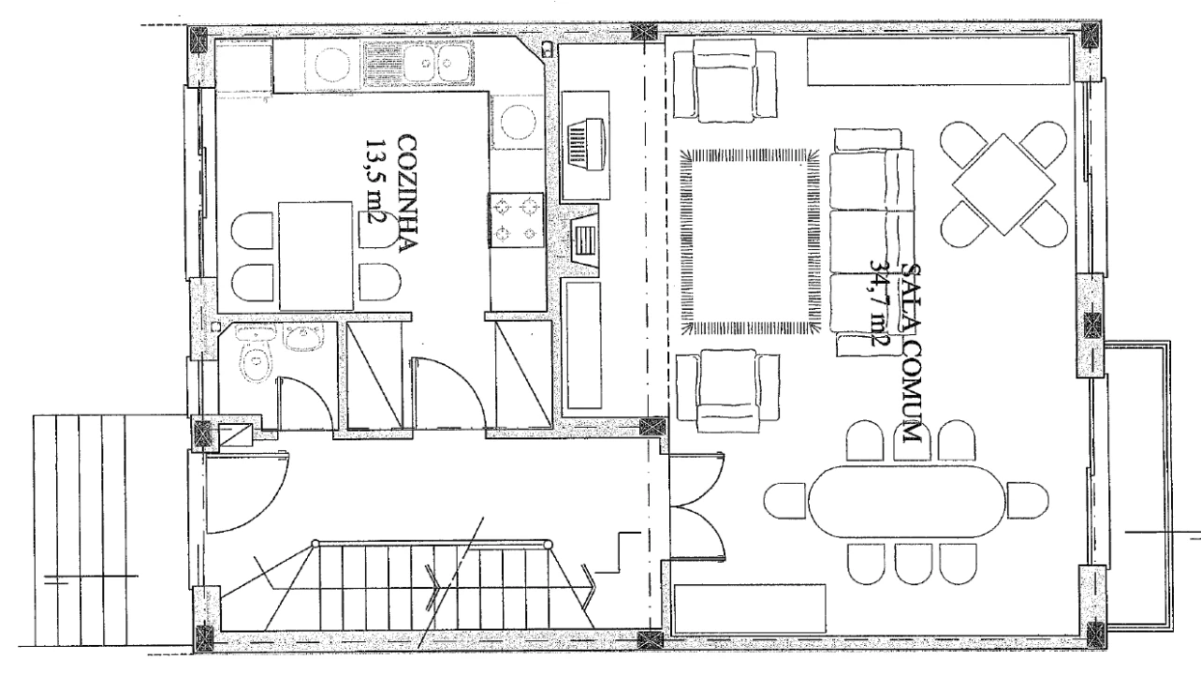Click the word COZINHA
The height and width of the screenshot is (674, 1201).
coord(407,193)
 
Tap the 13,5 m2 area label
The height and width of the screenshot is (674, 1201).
coord(376,183)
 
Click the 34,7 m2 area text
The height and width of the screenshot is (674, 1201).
coord(880,302)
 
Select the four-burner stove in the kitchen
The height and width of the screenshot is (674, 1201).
coord(517,220)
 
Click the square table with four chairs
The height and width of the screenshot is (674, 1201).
coord(1003,183)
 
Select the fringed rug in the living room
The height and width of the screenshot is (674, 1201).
coord(750,242)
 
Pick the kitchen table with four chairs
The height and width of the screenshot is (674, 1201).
coord(315,256)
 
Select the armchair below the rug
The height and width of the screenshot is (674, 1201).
coord(727,391)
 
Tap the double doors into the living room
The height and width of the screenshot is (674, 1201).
coord(697,505)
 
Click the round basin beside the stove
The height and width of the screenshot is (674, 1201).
coord(518,122)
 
